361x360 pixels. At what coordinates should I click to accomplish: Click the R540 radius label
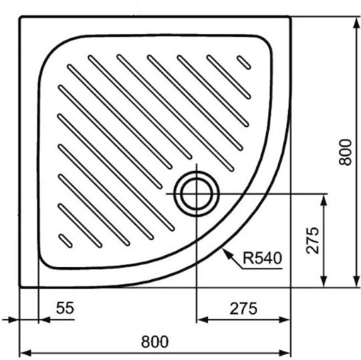click(x=262, y=258)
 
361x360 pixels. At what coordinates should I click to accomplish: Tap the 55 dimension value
click(x=65, y=308)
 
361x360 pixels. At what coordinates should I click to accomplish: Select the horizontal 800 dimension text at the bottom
click(x=154, y=342)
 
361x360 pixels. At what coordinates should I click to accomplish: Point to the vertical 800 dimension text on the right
click(x=346, y=152)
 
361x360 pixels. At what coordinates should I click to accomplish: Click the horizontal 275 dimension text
click(x=243, y=309)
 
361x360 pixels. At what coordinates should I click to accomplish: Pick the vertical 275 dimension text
click(x=313, y=240)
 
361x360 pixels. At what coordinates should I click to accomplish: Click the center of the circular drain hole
click(x=197, y=194)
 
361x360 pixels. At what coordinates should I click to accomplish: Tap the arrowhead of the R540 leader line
click(x=227, y=253)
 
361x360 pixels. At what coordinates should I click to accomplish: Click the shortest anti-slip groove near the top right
click(x=244, y=62)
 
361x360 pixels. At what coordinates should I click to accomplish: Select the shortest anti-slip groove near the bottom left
click(x=66, y=241)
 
